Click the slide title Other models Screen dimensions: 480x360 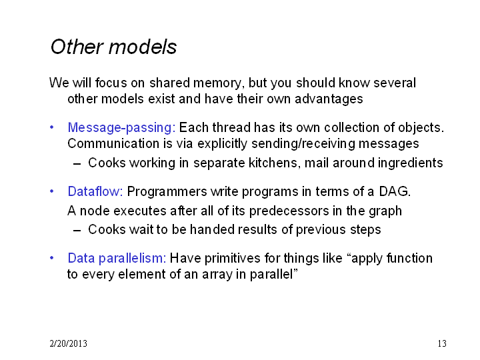tap(113, 47)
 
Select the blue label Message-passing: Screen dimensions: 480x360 tap(121, 128)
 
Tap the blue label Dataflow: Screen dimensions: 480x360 tap(95, 191)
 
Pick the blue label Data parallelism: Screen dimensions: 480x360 tap(117, 258)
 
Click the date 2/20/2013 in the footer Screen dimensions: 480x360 tap(68, 343)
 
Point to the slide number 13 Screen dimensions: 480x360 tap(442, 343)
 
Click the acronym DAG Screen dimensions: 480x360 tap(395, 191)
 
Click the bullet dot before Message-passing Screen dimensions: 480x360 tap(52, 127)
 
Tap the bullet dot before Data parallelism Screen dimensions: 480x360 tap(52, 258)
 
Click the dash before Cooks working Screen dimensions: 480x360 tap(77, 164)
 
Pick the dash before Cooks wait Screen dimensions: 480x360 tap(77, 231)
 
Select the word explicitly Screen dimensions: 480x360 tap(222, 144)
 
